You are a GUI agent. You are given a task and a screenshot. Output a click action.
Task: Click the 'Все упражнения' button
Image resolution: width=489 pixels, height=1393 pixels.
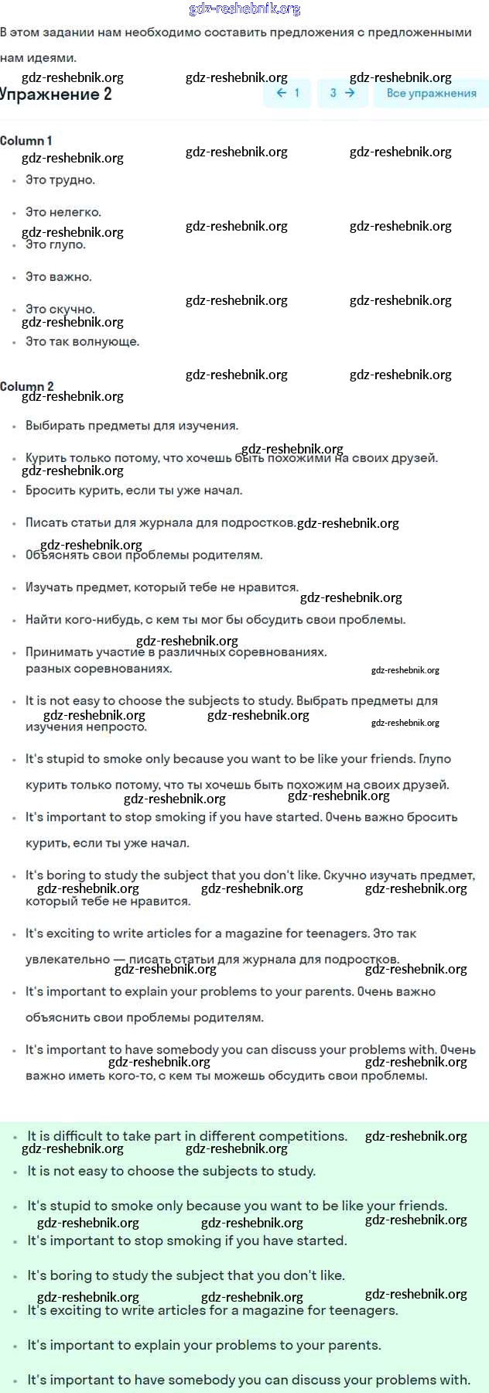click(x=431, y=93)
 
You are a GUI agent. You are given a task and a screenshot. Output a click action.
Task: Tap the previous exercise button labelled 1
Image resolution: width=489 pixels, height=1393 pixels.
click(x=288, y=93)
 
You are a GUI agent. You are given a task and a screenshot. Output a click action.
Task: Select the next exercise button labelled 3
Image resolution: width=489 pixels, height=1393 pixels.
click(x=342, y=93)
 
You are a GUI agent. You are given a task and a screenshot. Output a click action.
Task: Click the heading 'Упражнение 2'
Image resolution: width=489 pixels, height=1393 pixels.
click(x=56, y=95)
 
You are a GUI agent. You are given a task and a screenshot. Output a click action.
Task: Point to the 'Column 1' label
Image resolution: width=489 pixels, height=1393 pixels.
click(x=26, y=141)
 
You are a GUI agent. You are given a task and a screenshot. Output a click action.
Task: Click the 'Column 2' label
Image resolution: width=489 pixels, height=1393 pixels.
click(x=26, y=386)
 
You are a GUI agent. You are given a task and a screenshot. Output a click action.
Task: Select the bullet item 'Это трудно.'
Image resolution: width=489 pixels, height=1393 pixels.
click(x=60, y=180)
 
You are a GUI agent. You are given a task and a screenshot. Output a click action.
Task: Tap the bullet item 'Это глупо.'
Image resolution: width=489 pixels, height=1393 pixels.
click(x=56, y=245)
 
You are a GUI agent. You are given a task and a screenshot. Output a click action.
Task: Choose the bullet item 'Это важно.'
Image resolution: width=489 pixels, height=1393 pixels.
click(x=59, y=277)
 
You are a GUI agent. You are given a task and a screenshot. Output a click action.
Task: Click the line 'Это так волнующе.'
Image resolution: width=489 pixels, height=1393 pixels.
click(x=82, y=341)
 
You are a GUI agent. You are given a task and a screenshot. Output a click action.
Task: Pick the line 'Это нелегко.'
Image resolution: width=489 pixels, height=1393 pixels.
click(x=63, y=212)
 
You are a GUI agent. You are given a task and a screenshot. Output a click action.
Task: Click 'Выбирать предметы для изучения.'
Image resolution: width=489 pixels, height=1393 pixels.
click(x=132, y=426)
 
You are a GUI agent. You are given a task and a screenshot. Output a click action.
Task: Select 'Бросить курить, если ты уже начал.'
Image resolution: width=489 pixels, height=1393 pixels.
click(x=134, y=491)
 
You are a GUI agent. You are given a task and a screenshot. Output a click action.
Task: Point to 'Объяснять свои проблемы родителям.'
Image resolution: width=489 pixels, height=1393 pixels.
click(x=144, y=556)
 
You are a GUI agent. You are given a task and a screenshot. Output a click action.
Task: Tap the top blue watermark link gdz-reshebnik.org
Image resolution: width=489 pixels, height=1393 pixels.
click(x=244, y=9)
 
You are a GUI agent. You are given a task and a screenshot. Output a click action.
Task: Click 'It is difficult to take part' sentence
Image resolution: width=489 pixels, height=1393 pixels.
click(x=187, y=1136)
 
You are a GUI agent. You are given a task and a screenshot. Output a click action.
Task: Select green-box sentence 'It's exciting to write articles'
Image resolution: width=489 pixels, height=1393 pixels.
click(x=213, y=1310)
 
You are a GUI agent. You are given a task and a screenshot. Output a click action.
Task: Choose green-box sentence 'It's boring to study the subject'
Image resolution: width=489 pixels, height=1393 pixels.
click(x=186, y=1275)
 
